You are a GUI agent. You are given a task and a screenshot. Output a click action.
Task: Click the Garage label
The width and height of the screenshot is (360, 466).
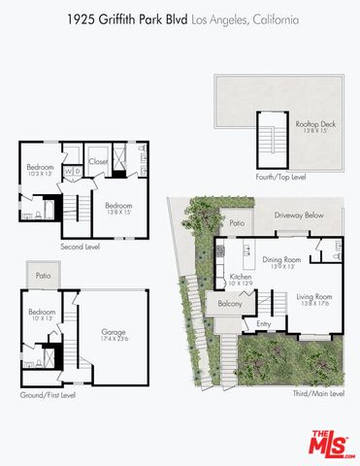point(114,333)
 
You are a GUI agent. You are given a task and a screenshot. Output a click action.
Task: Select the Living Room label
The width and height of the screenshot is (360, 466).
point(314,296)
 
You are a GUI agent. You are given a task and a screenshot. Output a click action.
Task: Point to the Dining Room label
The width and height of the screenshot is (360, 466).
point(279,259)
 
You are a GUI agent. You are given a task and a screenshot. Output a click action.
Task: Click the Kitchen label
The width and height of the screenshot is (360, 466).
point(241,279)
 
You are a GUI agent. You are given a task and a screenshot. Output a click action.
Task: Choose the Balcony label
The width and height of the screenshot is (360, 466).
point(230,304)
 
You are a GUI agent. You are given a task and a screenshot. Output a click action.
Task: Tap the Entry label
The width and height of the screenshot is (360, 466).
point(264,324)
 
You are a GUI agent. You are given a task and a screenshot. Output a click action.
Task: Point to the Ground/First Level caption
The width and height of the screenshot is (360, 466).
point(48,395)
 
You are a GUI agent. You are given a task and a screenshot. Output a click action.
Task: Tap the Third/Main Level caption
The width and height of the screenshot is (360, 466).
point(318,393)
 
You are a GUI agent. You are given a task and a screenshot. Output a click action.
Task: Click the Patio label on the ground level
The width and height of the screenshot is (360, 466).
point(43,276)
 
